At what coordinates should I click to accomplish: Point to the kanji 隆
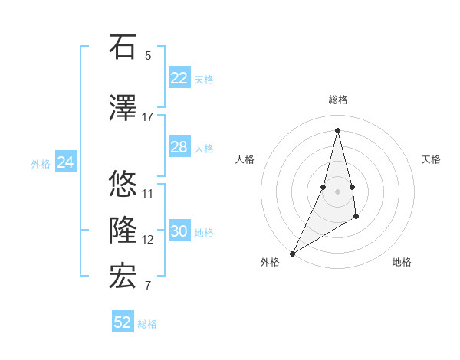(x=123, y=231)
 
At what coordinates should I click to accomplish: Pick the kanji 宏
(x=123, y=277)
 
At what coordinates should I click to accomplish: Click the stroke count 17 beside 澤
(x=148, y=117)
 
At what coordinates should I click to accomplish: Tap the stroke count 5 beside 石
(x=148, y=56)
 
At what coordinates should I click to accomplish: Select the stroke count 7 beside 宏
(x=148, y=286)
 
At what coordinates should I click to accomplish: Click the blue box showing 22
(x=179, y=78)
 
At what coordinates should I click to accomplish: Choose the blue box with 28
(x=179, y=147)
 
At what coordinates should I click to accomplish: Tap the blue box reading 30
(x=179, y=231)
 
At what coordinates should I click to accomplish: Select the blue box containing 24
(x=66, y=162)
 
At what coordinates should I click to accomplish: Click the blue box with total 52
(x=123, y=322)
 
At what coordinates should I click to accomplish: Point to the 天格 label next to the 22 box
(x=204, y=80)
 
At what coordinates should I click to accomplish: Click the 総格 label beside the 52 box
(x=147, y=324)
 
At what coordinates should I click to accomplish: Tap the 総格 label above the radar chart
(x=337, y=100)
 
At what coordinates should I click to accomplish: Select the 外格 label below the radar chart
(x=270, y=263)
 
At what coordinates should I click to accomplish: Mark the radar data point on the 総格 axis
(x=337, y=129)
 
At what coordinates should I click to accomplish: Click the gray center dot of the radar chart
(x=337, y=180)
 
